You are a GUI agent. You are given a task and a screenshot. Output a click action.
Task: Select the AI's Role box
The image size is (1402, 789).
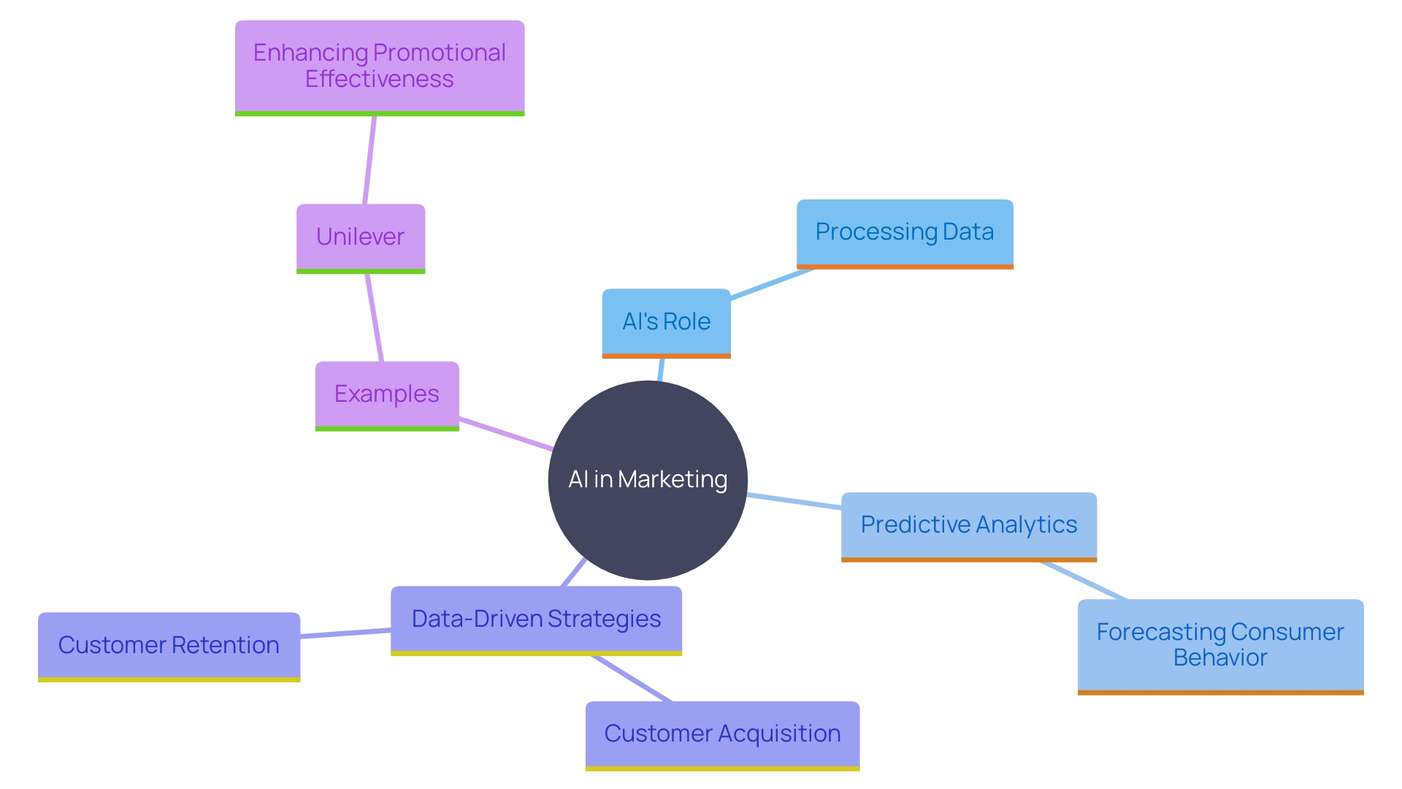click(666, 321)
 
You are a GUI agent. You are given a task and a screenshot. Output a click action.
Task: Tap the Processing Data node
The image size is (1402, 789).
click(905, 232)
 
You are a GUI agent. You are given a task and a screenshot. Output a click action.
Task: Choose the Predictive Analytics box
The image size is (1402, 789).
click(968, 525)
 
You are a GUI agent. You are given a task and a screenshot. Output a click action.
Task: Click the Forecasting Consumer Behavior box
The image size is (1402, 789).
click(1220, 644)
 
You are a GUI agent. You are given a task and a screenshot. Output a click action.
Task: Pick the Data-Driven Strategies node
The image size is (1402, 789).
click(536, 619)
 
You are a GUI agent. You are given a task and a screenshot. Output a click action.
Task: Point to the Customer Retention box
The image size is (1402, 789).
click(169, 645)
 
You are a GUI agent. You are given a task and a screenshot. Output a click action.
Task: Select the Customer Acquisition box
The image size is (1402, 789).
click(722, 733)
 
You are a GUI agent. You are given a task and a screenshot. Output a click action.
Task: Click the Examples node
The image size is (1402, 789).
click(387, 394)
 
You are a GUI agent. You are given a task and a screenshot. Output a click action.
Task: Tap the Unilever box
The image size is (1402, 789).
click(361, 237)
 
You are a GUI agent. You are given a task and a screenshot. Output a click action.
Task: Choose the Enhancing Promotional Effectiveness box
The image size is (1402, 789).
click(380, 66)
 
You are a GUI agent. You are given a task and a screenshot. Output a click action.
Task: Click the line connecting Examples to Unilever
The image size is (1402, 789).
click(375, 318)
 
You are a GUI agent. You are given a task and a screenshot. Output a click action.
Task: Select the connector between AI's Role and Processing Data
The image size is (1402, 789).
click(772, 284)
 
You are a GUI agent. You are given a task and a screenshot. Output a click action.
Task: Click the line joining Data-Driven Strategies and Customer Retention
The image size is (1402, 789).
click(345, 633)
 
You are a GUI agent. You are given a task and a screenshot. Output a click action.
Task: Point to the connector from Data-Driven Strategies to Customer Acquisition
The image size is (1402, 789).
click(632, 679)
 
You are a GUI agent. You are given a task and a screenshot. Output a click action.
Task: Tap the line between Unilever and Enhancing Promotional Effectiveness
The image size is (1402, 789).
click(369, 160)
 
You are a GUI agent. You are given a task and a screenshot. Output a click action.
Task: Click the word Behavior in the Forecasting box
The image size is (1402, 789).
click(1220, 657)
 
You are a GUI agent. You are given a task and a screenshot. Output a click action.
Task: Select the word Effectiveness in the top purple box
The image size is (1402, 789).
click(380, 79)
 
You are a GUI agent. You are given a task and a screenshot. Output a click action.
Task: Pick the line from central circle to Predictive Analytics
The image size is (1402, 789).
click(794, 501)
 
